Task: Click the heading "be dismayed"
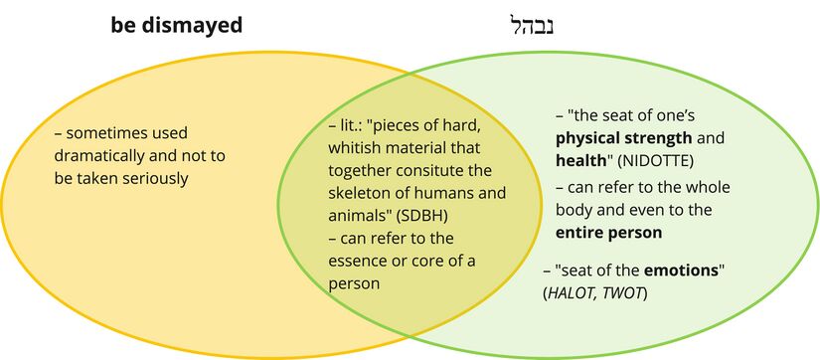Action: click(176, 25)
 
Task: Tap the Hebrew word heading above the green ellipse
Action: click(531, 26)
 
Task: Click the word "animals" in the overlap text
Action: click(351, 216)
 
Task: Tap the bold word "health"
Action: click(580, 161)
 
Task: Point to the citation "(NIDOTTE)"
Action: click(655, 162)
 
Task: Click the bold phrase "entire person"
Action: click(608, 233)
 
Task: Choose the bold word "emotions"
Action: click(681, 271)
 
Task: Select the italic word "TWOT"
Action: click(622, 294)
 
